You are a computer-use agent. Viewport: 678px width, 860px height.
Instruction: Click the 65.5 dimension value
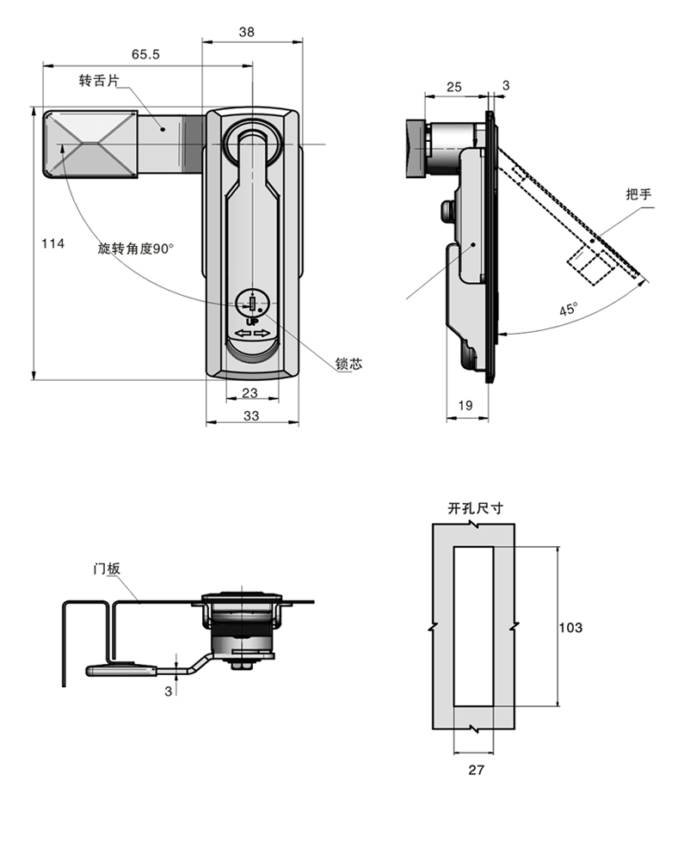pos(145,54)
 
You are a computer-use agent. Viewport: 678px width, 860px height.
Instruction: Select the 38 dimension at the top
pos(246,32)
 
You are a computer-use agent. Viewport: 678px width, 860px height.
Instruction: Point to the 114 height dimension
pos(52,243)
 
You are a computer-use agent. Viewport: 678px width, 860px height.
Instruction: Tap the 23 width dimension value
pos(250,393)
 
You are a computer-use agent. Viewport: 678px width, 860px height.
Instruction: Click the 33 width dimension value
pos(251,415)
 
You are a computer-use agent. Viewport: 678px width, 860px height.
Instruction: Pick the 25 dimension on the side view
pos(454,87)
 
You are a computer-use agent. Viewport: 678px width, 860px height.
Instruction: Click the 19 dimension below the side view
pos(465,405)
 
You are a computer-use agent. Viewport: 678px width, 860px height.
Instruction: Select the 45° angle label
pos(568,310)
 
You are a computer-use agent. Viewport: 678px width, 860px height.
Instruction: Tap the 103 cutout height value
pos(570,628)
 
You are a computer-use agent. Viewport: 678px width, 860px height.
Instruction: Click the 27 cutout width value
pos(476,770)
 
